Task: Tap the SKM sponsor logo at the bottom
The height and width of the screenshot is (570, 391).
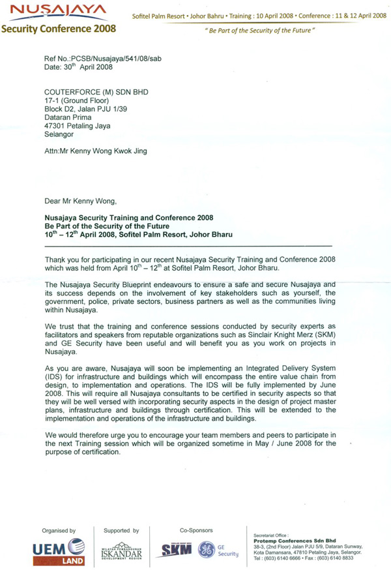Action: pos(178,550)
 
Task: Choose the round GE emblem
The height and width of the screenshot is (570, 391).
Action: pos(206,550)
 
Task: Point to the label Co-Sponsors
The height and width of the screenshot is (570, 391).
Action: pos(196,530)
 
